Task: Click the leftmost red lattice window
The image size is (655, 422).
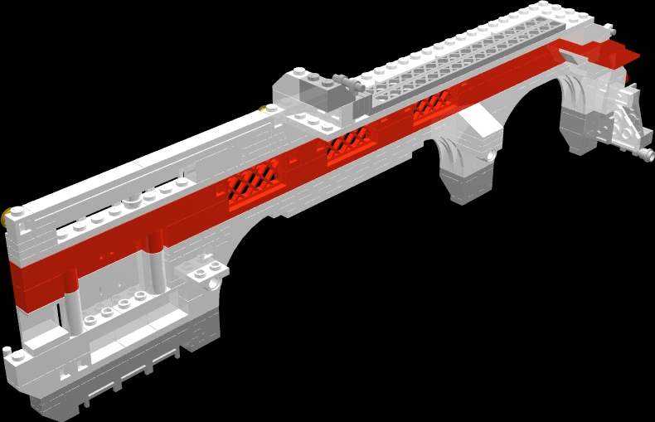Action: (256, 180)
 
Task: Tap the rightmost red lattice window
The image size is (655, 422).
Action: (431, 106)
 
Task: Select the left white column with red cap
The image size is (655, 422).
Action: (72, 290)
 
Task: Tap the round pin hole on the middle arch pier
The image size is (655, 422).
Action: (492, 155)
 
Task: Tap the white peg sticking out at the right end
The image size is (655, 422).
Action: (646, 154)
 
